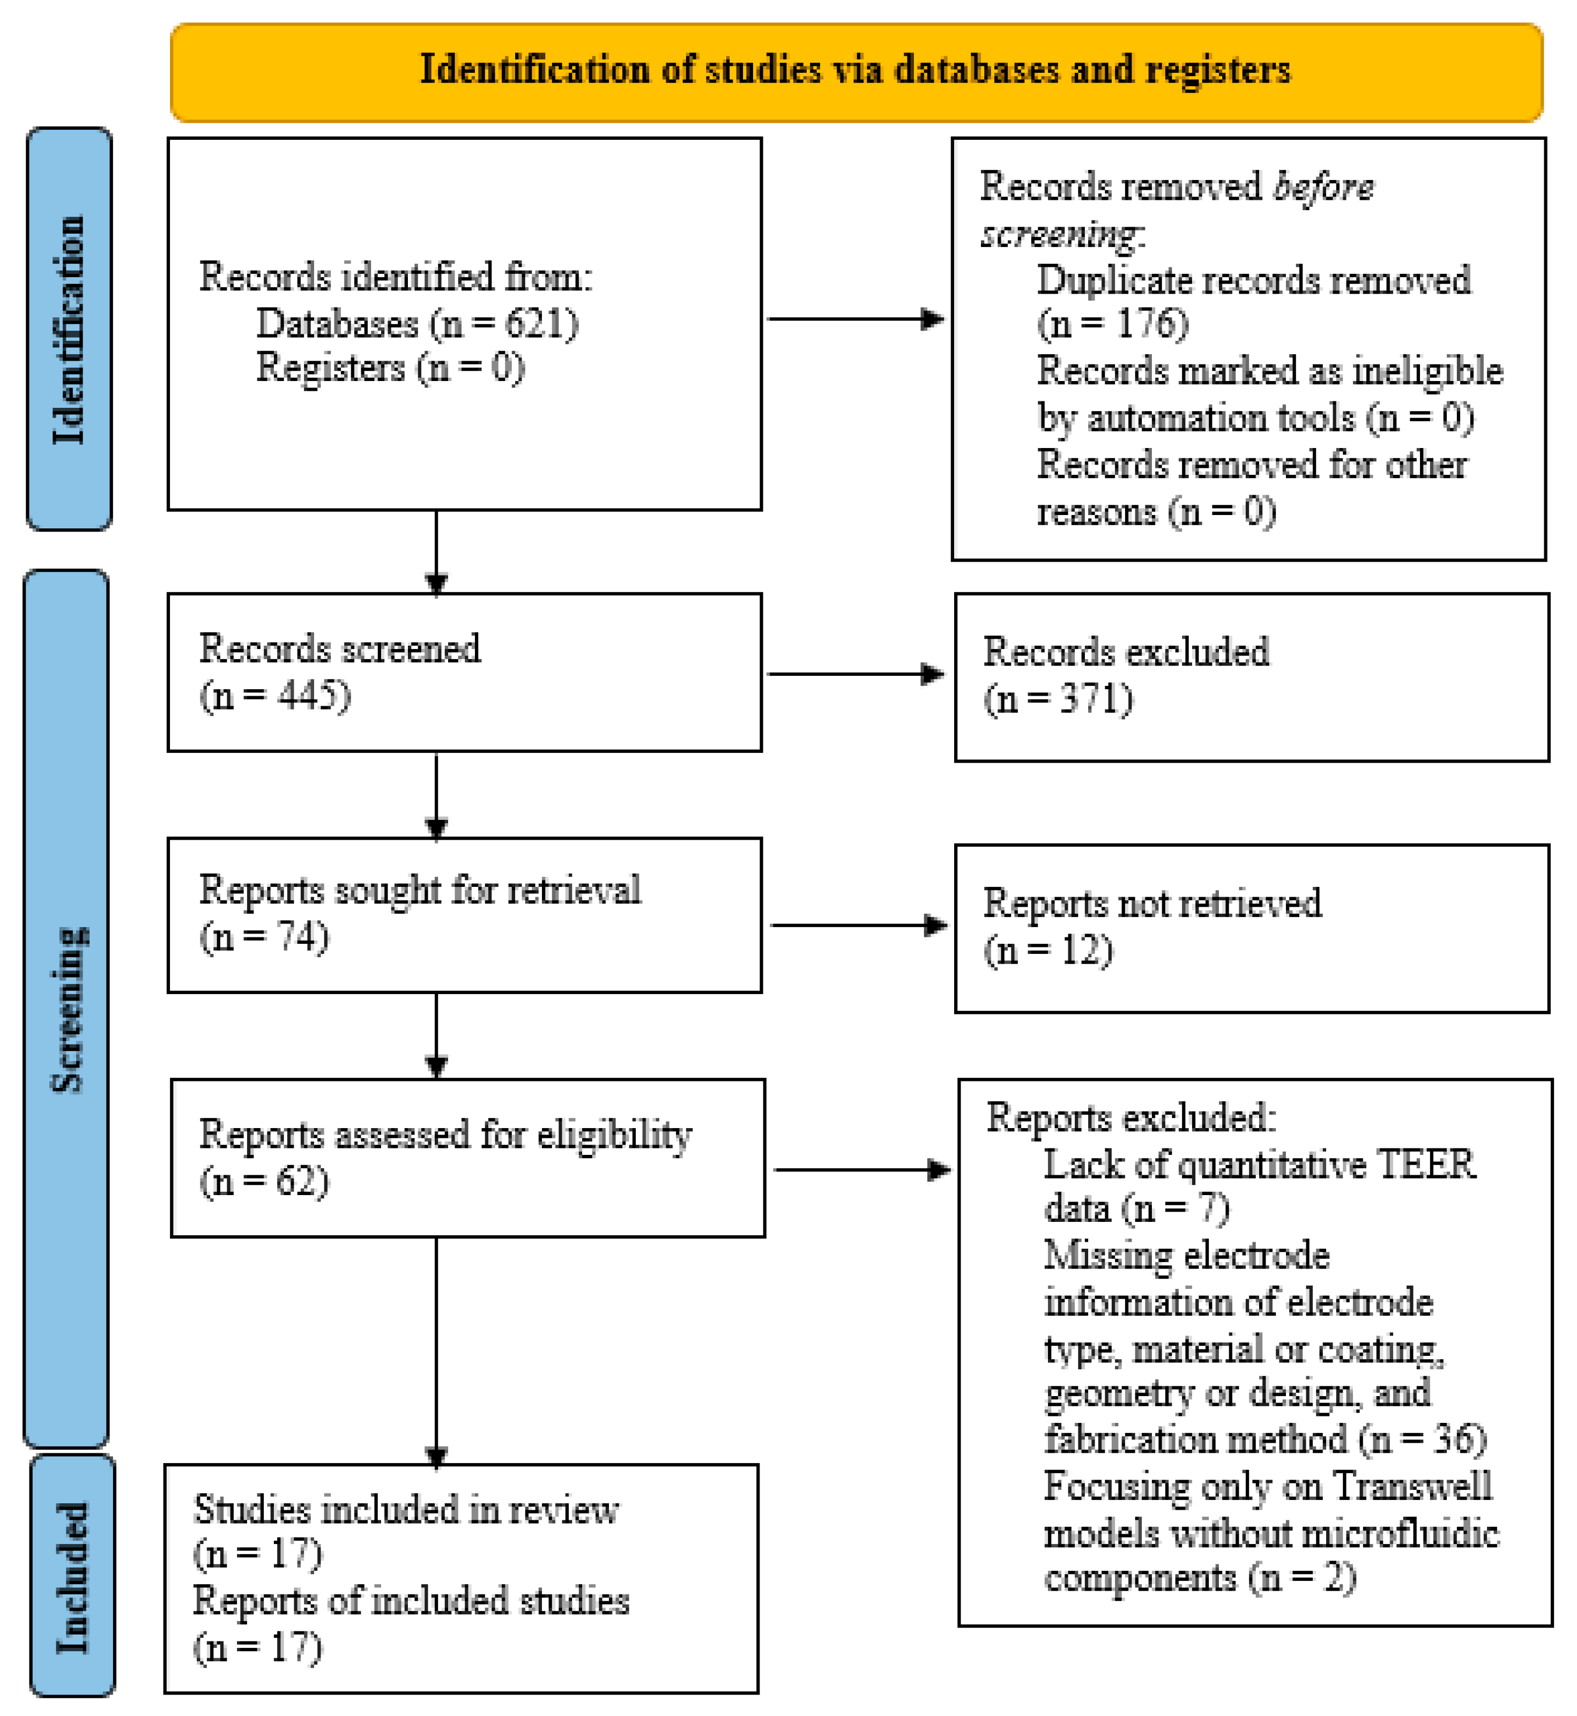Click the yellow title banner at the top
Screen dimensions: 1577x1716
click(x=856, y=72)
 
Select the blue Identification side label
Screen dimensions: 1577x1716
click(x=69, y=330)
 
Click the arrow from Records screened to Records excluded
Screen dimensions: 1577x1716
click(x=856, y=674)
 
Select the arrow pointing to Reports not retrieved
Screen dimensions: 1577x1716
click(x=859, y=925)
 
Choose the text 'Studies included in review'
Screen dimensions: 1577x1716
click(x=406, y=1510)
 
